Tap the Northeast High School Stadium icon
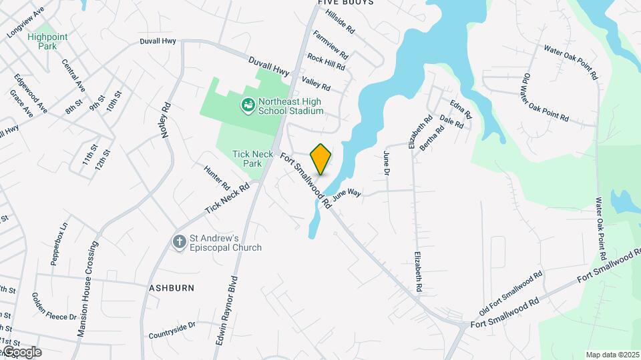(248, 104)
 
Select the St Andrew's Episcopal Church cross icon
(179, 241)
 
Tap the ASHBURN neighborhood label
(172, 288)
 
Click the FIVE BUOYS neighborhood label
(345, 3)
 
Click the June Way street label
(347, 194)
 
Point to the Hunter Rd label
(217, 177)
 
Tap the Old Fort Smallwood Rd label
(511, 293)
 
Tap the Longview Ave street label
(26, 23)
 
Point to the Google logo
(21, 352)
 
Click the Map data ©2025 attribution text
(612, 355)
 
